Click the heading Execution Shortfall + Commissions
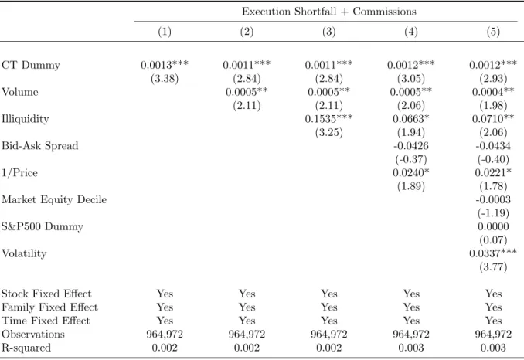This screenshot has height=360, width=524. coord(329,12)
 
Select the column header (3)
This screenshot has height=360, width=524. coord(328,32)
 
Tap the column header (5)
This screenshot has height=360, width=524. coord(493,32)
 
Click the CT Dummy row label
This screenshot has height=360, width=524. coord(31,65)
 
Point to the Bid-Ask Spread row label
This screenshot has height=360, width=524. coord(39,145)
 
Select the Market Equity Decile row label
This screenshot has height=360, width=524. coord(54,199)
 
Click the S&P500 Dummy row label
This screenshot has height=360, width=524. coord(43,226)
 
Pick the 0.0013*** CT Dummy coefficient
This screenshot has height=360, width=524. coord(165,64)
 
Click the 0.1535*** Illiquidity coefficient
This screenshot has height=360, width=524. coord(328,118)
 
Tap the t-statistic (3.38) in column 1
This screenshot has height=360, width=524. coord(165,79)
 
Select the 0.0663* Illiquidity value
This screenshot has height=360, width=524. coord(411,118)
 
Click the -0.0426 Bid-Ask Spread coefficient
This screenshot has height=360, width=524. coord(411,145)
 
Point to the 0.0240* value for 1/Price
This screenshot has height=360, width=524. coord(411,172)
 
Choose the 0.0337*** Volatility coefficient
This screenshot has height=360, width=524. coord(493,253)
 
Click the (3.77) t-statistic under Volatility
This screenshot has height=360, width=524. coord(493,267)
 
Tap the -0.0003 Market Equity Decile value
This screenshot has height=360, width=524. coord(493,199)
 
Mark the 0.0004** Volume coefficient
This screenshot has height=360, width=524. coord(493,91)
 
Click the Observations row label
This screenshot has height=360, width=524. coord(33,334)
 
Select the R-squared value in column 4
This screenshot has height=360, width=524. coord(411,348)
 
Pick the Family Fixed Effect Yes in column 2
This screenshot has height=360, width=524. coord(247,307)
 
